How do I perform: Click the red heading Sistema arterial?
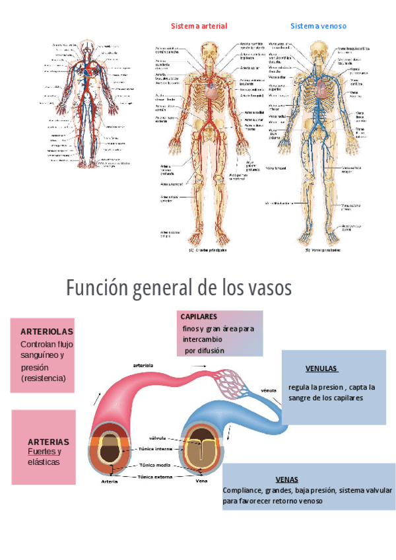point(199,26)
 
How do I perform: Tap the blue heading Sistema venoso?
point(318,26)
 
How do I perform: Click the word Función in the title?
point(95,289)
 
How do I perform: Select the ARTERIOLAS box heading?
point(47,331)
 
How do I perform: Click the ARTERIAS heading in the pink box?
point(48,441)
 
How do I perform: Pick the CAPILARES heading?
point(199,317)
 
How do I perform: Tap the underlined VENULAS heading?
point(321,368)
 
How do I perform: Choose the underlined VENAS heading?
point(286,479)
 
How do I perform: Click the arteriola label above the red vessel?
point(143,365)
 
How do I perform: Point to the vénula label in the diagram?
point(269,390)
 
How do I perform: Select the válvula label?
point(157,438)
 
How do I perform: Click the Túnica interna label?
point(154,449)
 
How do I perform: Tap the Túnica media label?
point(154,465)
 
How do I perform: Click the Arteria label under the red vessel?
point(110,481)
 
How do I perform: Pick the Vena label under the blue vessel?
point(202,481)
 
